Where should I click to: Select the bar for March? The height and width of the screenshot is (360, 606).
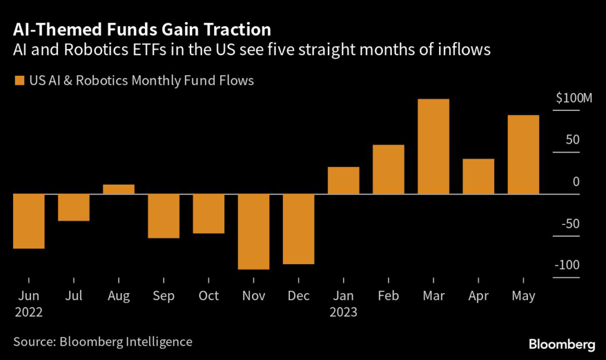(433, 146)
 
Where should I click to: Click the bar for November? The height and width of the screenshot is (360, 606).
(253, 232)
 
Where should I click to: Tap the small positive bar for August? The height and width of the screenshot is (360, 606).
(118, 189)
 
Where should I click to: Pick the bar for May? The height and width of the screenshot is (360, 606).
(523, 155)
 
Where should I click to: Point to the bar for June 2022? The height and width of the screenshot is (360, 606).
(28, 221)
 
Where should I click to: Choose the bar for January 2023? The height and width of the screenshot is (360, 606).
(343, 180)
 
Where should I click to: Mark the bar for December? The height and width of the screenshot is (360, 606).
(298, 229)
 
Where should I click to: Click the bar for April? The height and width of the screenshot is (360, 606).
(478, 176)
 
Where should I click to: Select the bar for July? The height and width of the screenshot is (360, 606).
(73, 207)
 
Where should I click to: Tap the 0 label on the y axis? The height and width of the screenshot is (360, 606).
(576, 182)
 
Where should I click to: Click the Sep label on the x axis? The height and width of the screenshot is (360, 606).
(163, 295)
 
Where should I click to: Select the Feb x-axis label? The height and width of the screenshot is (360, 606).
(388, 295)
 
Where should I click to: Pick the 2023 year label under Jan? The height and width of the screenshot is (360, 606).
(343, 311)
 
